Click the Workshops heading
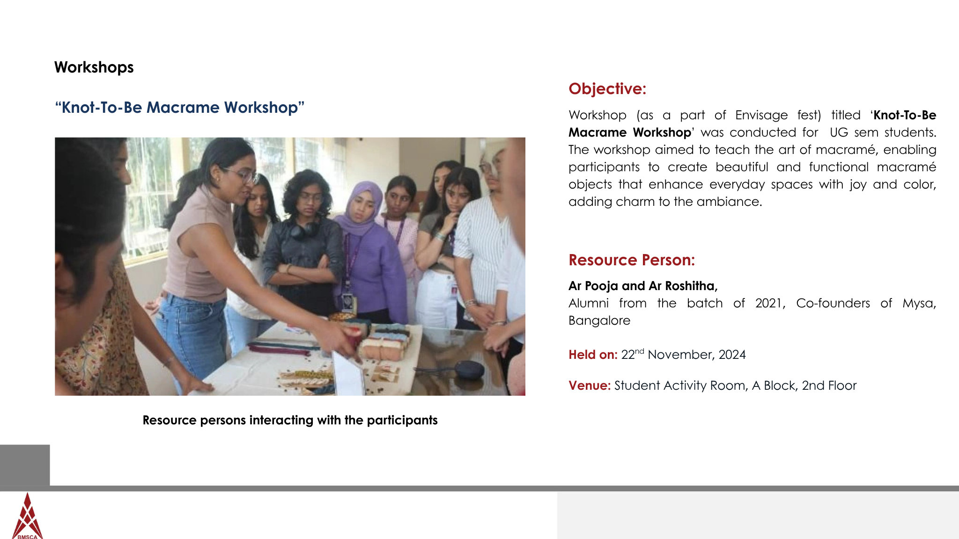pyautogui.click(x=94, y=67)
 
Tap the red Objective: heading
pyautogui.click(x=607, y=88)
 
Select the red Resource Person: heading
pyautogui.click(x=632, y=260)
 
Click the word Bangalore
pyautogui.click(x=599, y=320)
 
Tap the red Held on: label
pyautogui.click(x=593, y=355)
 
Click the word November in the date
pyautogui.click(x=681, y=355)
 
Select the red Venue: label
pyautogui.click(x=590, y=386)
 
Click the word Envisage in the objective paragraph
pyautogui.click(x=761, y=115)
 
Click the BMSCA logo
pyautogui.click(x=28, y=517)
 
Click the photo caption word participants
pyautogui.click(x=402, y=420)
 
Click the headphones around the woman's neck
pyautogui.click(x=305, y=230)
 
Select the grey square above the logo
pyautogui.click(x=25, y=465)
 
